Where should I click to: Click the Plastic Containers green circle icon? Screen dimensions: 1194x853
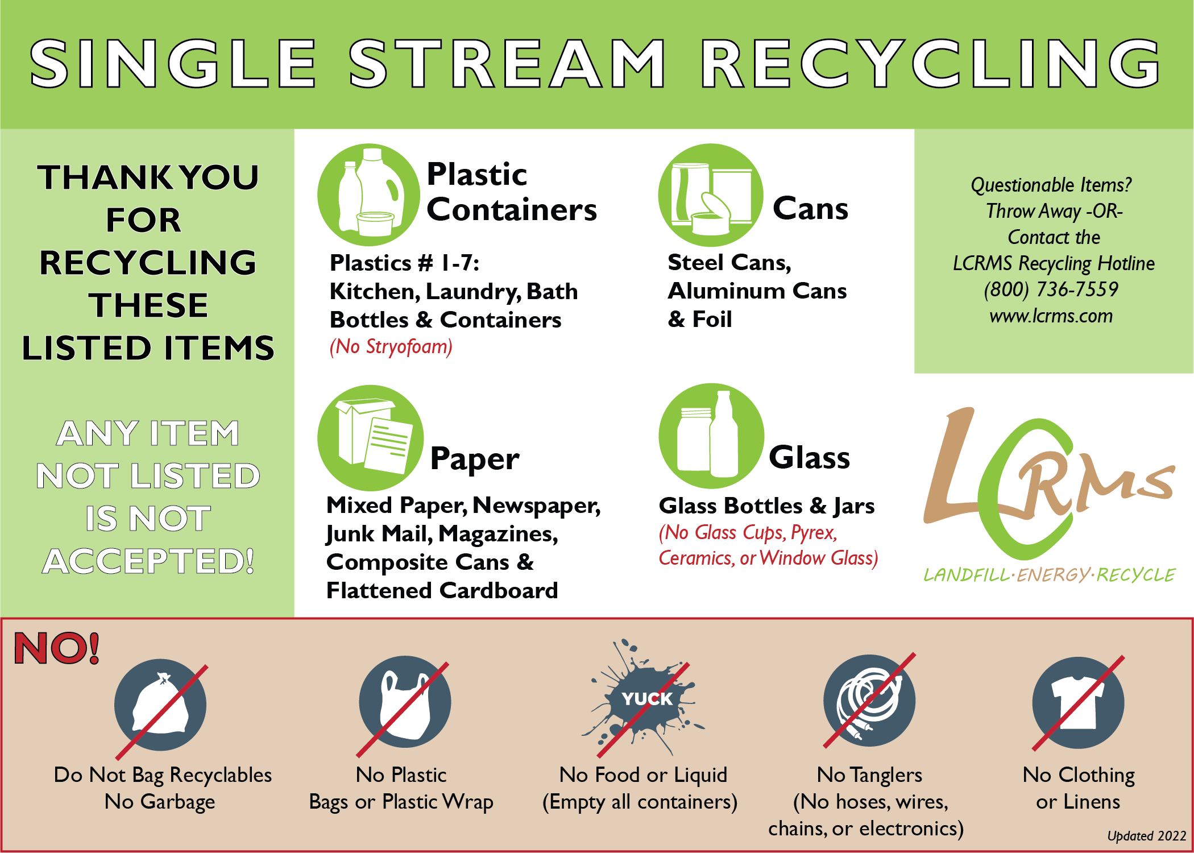369,195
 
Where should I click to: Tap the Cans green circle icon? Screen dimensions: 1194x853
710,195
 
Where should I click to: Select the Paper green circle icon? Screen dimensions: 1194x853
370,438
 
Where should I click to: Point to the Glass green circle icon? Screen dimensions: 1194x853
711,436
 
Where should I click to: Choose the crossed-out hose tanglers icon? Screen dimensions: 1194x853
869,701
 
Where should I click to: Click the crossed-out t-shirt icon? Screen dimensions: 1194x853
1078,703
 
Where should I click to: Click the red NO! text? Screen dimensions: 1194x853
57,648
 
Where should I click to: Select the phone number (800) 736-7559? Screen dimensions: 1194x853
1051,289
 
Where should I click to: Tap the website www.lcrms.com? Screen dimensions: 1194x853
1051,316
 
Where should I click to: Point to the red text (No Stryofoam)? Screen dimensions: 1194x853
391,347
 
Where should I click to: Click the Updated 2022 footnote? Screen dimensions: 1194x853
1146,835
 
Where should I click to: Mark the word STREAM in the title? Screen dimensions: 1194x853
507,64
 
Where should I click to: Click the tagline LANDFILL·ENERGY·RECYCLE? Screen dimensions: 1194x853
1050,575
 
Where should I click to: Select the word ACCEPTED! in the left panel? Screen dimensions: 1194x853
148,561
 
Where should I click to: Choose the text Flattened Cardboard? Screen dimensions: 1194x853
442,590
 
